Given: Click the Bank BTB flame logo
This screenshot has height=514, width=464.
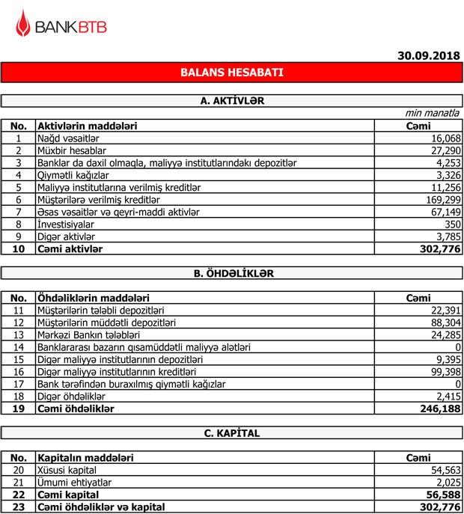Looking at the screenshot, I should coord(24,27).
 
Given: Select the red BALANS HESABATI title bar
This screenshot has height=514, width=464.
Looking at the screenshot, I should coord(231,73).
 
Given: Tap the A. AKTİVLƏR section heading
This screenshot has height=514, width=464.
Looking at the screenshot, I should coord(232,100).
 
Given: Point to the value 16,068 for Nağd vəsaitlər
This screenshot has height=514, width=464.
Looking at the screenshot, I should coord(445,138).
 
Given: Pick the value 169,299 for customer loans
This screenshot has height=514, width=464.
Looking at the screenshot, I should coord(442,200).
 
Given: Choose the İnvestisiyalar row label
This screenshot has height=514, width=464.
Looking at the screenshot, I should coord(65,224).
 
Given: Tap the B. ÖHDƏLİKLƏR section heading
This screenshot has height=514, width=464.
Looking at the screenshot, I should coord(231,273).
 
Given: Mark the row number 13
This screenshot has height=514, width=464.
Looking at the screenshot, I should coord(19,334).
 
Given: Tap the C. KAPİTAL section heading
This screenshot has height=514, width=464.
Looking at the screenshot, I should coord(231,432).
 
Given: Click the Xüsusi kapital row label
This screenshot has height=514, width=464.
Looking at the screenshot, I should coord(67,470).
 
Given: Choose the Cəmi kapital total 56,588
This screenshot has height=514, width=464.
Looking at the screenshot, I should coord(442,495).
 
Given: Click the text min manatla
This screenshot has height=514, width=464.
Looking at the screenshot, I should coord(432,113).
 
